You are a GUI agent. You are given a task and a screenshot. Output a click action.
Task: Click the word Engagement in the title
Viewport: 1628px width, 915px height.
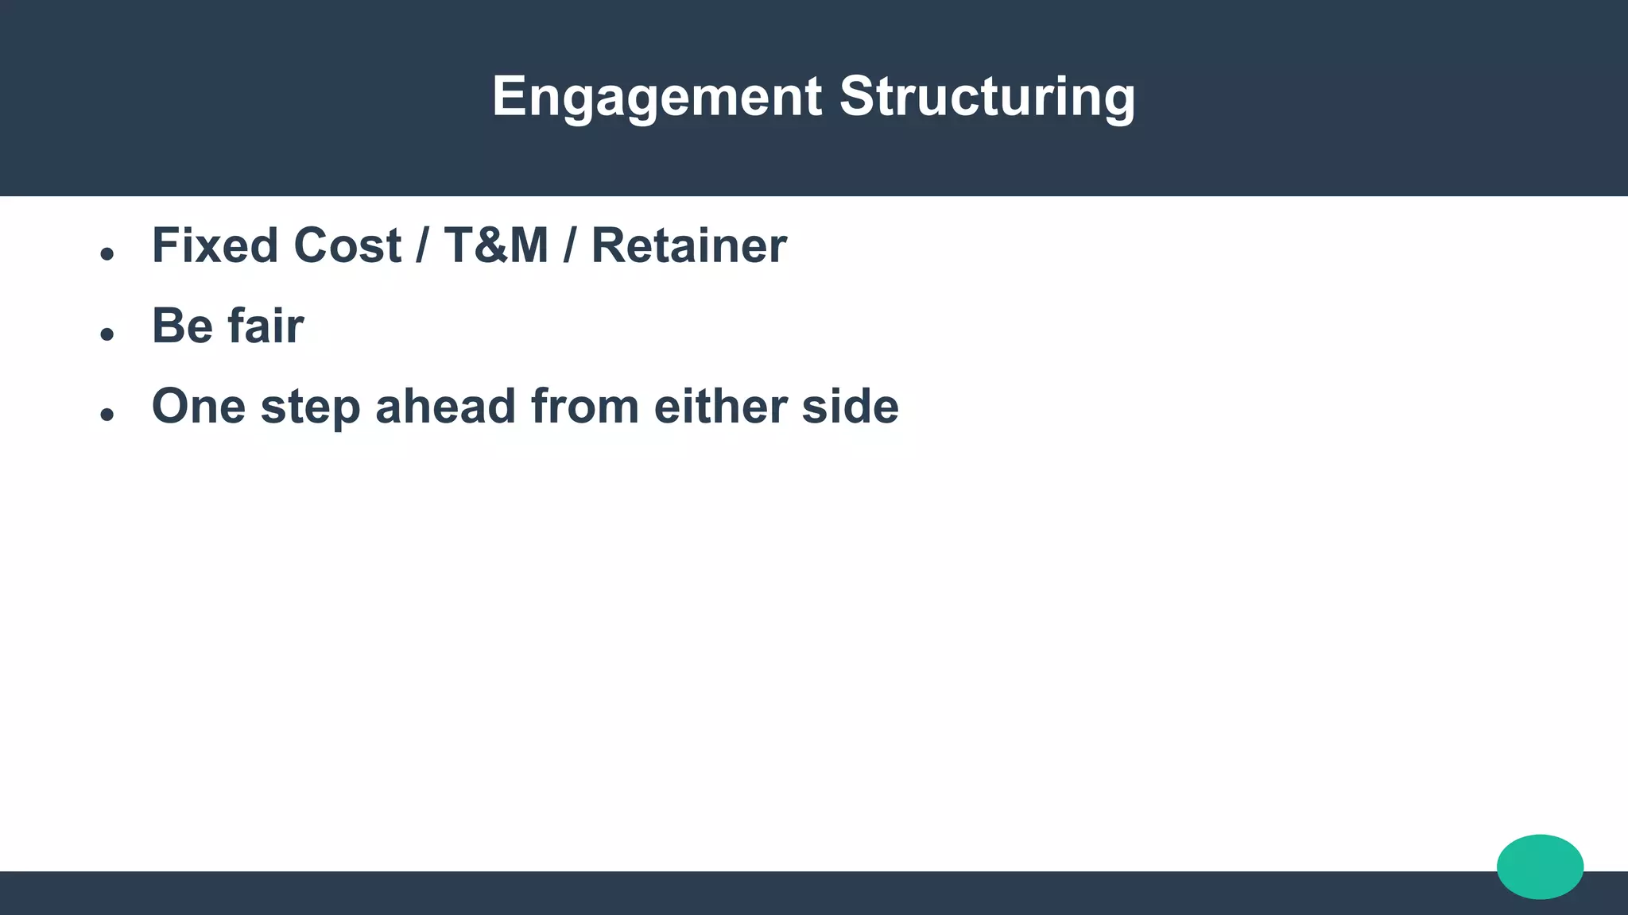click(x=657, y=98)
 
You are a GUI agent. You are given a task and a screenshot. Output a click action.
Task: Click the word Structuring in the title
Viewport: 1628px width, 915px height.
click(x=987, y=98)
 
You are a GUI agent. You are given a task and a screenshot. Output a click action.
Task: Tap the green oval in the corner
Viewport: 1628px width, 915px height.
click(x=1540, y=867)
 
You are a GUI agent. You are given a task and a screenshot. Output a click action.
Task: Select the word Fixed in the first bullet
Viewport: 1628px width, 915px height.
click(x=215, y=245)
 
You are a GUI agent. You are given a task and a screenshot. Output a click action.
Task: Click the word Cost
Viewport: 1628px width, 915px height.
click(x=347, y=245)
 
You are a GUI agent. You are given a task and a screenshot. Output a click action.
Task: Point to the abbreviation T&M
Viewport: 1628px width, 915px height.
click(x=496, y=245)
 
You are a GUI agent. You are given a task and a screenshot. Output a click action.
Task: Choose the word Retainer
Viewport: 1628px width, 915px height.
click(x=689, y=245)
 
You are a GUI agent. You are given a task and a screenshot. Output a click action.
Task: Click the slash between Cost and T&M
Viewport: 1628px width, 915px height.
click(x=421, y=245)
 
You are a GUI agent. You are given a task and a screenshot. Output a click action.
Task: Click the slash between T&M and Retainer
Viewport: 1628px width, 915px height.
click(x=569, y=245)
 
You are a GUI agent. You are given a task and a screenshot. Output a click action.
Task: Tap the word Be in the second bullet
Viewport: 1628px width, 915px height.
click(x=182, y=326)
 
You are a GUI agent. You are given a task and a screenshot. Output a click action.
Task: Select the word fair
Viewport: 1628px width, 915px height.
click(x=266, y=326)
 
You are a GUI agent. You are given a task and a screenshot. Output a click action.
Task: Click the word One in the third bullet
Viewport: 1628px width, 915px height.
click(x=199, y=407)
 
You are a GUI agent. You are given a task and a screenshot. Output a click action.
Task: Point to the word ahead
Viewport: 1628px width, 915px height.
click(x=445, y=407)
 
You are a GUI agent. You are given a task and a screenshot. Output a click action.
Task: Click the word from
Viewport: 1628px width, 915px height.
click(x=584, y=407)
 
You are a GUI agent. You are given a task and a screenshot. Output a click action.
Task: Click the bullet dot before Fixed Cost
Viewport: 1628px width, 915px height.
click(x=107, y=254)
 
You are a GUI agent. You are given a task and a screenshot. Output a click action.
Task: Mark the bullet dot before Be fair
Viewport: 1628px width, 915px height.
click(x=107, y=334)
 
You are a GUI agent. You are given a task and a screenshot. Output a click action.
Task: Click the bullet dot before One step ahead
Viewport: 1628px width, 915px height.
click(x=107, y=415)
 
